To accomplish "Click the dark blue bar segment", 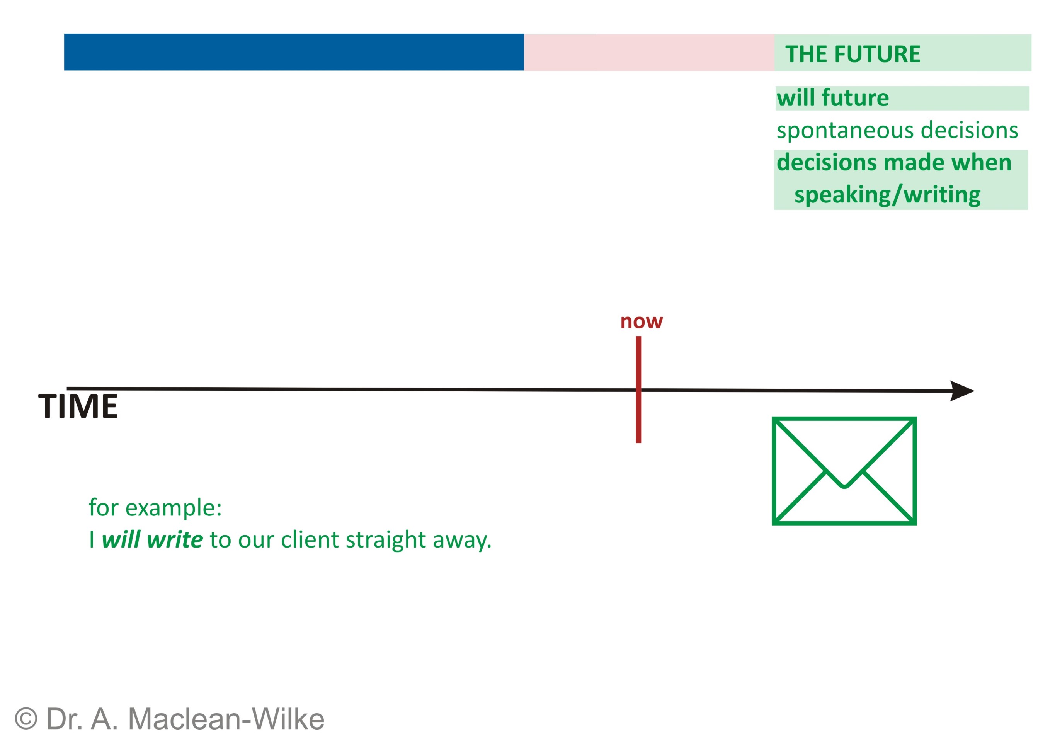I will pos(293,52).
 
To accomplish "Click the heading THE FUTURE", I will pos(852,54).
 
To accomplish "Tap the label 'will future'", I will pos(832,98).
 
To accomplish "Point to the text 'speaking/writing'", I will pos(887,195).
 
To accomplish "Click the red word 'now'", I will pos(641,321).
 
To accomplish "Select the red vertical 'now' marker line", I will pos(638,416).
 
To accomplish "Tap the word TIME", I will pos(78,406).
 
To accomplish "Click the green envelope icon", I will pos(844,471).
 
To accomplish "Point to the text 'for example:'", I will pos(155,508).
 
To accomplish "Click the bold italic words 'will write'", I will pos(152,539).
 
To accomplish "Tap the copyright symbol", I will pos(26,719).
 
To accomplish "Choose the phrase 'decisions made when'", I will pos(894,163).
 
